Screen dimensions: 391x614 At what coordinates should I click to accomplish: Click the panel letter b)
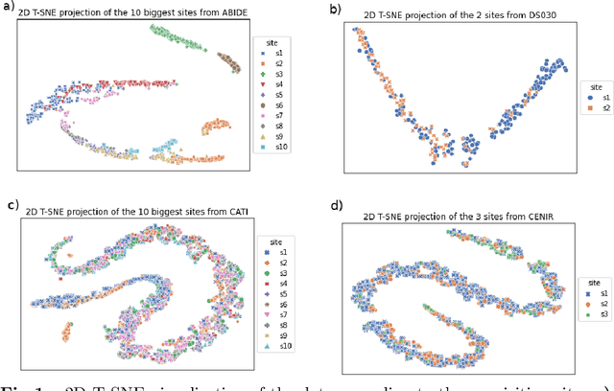click(335, 9)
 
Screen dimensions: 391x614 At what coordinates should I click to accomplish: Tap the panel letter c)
click(12, 204)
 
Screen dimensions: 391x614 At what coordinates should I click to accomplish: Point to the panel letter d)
click(335, 205)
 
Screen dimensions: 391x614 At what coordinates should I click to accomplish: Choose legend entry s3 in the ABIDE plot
click(272, 72)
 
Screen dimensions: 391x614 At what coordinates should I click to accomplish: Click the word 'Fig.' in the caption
click(14, 384)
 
